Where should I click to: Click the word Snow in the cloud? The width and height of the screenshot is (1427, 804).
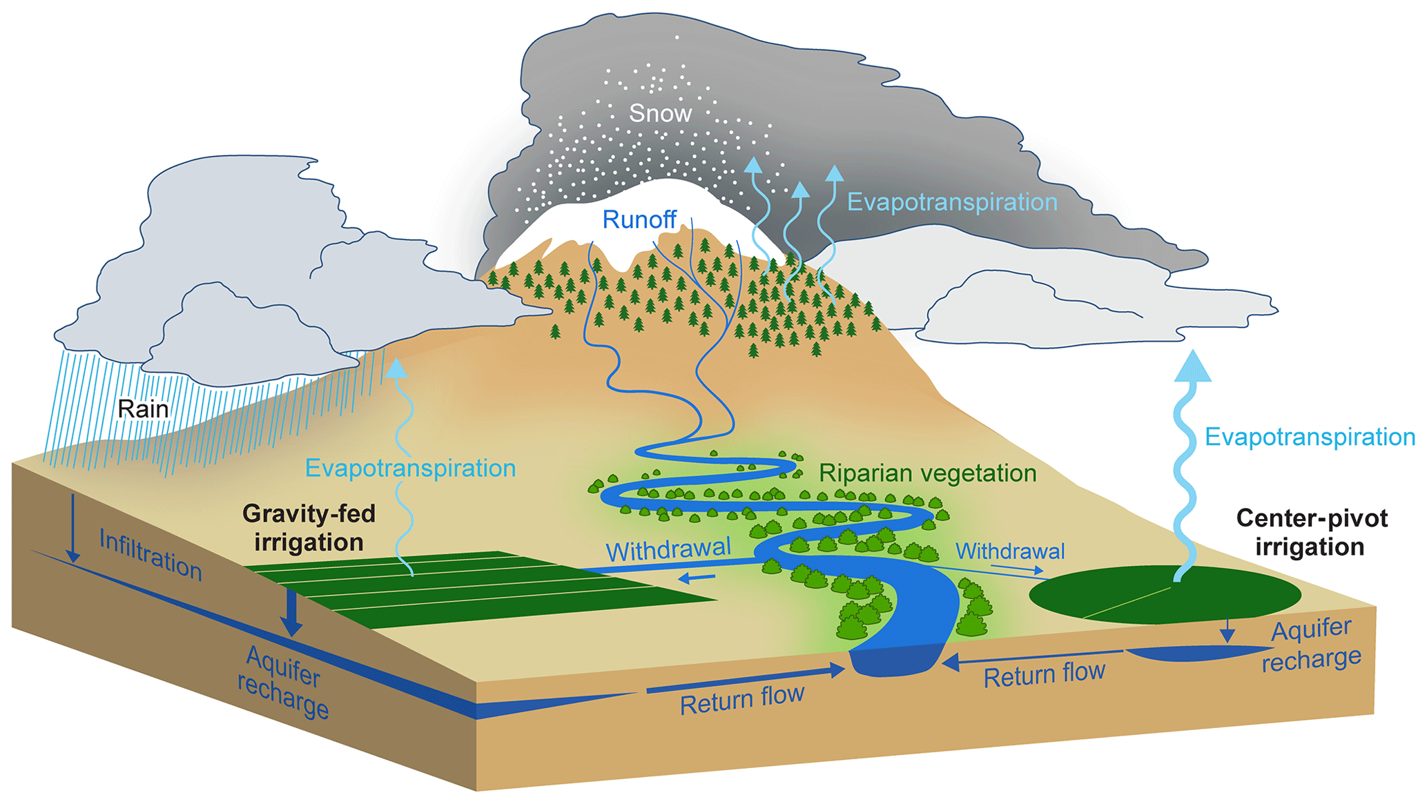[x=660, y=113]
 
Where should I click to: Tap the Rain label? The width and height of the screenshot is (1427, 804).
[x=143, y=409]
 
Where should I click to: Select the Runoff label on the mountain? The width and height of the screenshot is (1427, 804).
[x=639, y=219]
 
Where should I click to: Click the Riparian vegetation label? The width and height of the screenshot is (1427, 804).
[x=927, y=473]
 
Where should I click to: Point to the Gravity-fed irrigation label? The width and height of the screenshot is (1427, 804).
[x=309, y=528]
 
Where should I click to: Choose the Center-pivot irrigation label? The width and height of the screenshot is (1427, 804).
[x=1311, y=532]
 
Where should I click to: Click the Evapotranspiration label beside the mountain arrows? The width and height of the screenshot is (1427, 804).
[x=952, y=202]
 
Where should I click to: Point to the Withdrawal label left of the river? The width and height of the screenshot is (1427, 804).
[x=668, y=550]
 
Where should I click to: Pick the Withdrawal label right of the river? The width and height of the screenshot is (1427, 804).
[x=1009, y=551]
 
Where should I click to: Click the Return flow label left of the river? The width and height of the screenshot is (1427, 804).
[x=741, y=700]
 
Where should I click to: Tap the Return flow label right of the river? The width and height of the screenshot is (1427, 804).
[x=1044, y=674]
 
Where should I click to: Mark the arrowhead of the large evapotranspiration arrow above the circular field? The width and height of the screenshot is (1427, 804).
[x=1192, y=366]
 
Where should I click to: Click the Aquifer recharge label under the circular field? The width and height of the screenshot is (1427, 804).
[x=1311, y=645]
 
